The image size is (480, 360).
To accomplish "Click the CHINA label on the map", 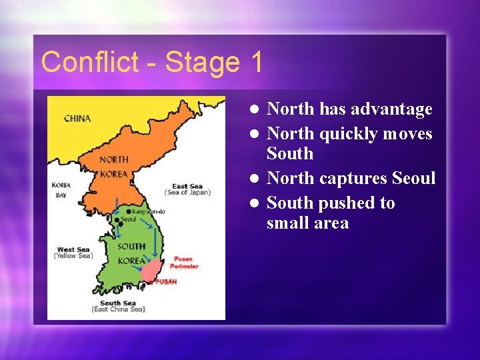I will (x=77, y=119).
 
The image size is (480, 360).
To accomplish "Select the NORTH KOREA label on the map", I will (x=113, y=167).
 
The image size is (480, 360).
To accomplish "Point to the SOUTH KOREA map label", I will (x=131, y=253).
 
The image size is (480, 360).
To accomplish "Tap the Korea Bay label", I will (x=61, y=190).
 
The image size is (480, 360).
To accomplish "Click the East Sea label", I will (x=187, y=186).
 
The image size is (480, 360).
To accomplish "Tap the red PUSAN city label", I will (x=166, y=281).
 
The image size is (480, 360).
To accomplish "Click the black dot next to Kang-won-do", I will (x=128, y=211).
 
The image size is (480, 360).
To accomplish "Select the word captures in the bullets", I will (x=353, y=179).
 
